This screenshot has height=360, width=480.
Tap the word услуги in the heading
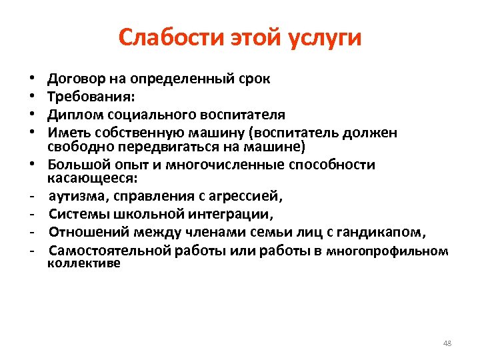point(325,39)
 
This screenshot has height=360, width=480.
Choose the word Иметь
point(69,131)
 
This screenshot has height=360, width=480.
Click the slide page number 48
point(447,343)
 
